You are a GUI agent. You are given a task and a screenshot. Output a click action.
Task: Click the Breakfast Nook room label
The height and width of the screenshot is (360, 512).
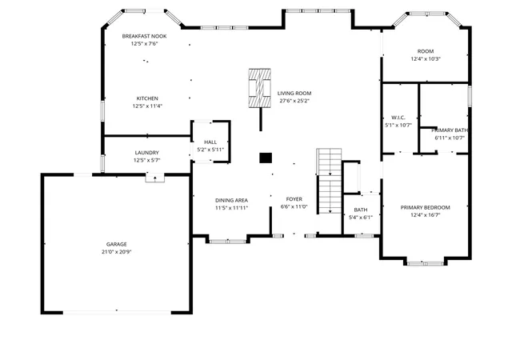144,36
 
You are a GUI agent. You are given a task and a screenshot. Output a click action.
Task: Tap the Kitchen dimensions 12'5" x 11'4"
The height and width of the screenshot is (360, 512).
147,106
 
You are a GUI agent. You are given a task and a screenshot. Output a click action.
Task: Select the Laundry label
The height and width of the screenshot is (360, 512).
147,153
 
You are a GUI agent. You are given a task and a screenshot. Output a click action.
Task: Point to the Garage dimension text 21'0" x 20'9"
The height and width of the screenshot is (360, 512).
116,251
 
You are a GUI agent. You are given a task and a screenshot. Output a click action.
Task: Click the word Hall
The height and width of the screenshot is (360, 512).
210,142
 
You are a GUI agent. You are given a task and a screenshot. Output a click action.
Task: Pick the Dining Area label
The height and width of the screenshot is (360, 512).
231,200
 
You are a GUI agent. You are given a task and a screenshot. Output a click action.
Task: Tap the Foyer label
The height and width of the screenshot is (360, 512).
294,199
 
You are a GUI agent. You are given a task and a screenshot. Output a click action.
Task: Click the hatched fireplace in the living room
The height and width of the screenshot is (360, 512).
259,88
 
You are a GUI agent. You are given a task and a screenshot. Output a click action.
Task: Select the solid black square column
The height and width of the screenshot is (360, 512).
266,158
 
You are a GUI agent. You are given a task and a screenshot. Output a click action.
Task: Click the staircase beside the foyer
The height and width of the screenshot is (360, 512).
330,182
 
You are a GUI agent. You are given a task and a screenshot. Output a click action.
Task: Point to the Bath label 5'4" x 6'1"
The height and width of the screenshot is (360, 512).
361,214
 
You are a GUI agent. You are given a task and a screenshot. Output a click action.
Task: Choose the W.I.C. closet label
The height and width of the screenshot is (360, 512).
398,121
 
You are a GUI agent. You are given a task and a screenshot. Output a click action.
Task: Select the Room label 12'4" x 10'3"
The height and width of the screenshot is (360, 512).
426,55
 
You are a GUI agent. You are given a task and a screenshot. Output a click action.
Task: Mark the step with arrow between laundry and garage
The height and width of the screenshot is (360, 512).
154,178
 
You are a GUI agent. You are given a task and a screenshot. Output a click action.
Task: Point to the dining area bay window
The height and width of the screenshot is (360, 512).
227,242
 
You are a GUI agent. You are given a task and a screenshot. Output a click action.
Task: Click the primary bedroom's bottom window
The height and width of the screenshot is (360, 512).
425,263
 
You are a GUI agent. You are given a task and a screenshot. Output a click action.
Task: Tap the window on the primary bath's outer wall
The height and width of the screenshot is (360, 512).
470,96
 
